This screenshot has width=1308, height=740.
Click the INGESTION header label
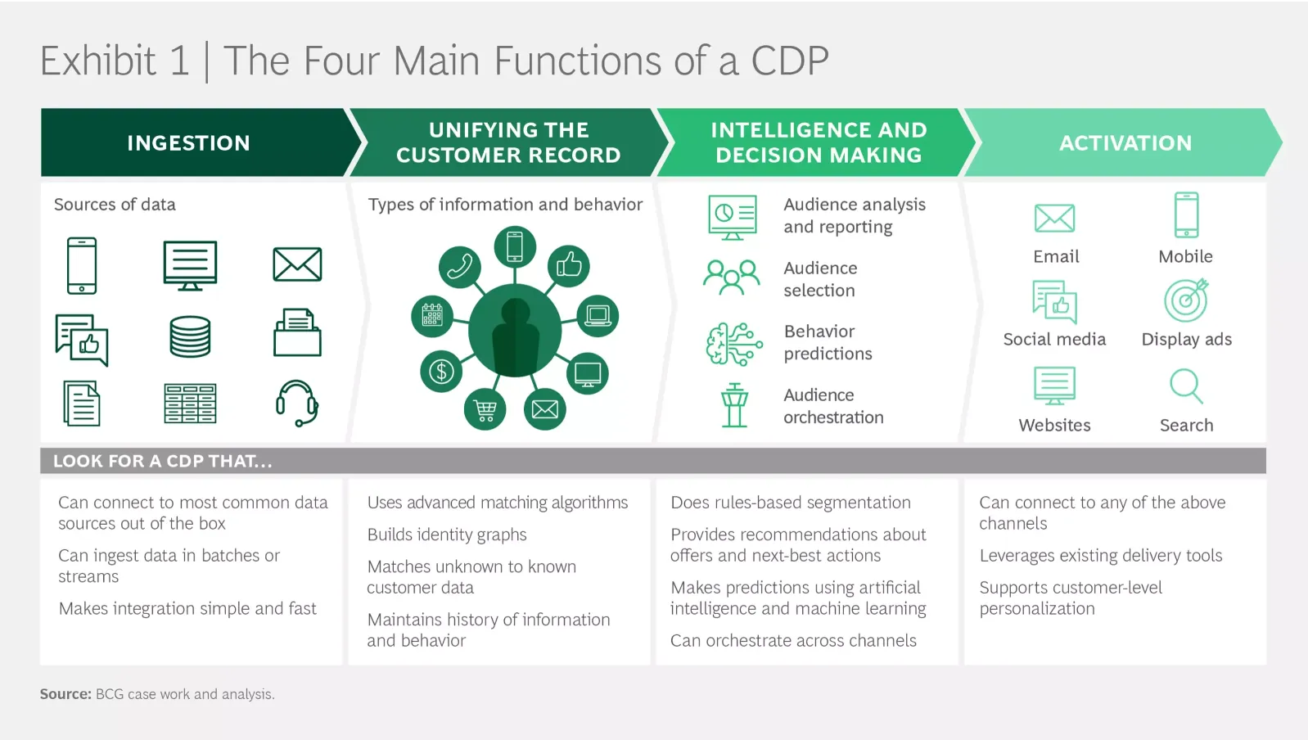pyautogui.click(x=188, y=143)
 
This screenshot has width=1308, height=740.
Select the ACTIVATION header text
pyautogui.click(x=1125, y=143)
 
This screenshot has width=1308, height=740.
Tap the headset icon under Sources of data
pyautogui.click(x=296, y=403)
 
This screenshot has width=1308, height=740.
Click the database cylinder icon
pyautogui.click(x=190, y=336)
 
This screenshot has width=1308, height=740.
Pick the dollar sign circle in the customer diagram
pyautogui.click(x=441, y=372)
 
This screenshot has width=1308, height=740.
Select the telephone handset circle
pyautogui.click(x=460, y=266)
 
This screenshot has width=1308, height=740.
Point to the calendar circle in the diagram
pyautogui.click(x=432, y=315)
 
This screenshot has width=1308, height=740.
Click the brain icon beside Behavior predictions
pyautogui.click(x=733, y=343)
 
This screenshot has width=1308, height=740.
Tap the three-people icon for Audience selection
pyautogui.click(x=732, y=277)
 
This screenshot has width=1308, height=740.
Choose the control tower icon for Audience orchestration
pyautogui.click(x=734, y=405)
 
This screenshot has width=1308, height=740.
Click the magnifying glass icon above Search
pyautogui.click(x=1186, y=386)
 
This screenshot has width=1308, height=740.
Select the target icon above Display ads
pyautogui.click(x=1186, y=300)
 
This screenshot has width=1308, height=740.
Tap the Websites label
pyautogui.click(x=1054, y=425)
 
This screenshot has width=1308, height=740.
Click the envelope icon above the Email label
pyautogui.click(x=1054, y=219)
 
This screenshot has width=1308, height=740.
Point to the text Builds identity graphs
pyautogui.click(x=447, y=535)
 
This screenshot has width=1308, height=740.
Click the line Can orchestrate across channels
pyautogui.click(x=793, y=641)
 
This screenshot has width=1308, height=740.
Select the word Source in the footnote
pyautogui.click(x=65, y=694)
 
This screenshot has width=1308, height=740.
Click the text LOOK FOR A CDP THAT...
pyautogui.click(x=162, y=461)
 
